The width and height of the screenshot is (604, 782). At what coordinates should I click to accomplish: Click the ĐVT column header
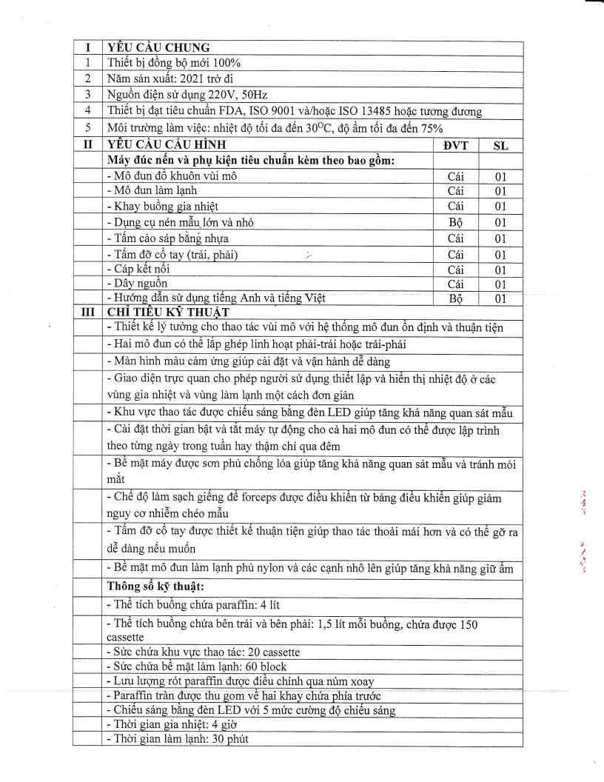coord(455,145)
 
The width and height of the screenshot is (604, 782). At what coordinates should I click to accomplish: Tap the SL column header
coord(500,145)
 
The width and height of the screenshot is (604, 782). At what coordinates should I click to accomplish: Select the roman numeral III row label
coord(88,311)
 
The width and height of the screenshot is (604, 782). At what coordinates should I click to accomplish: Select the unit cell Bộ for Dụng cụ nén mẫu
coord(455,222)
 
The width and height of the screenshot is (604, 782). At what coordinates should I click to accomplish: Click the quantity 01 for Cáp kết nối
coord(500,270)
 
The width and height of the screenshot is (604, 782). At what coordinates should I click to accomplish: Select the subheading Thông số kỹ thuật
coord(158,587)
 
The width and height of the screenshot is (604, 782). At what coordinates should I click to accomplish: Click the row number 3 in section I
coord(88,95)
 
